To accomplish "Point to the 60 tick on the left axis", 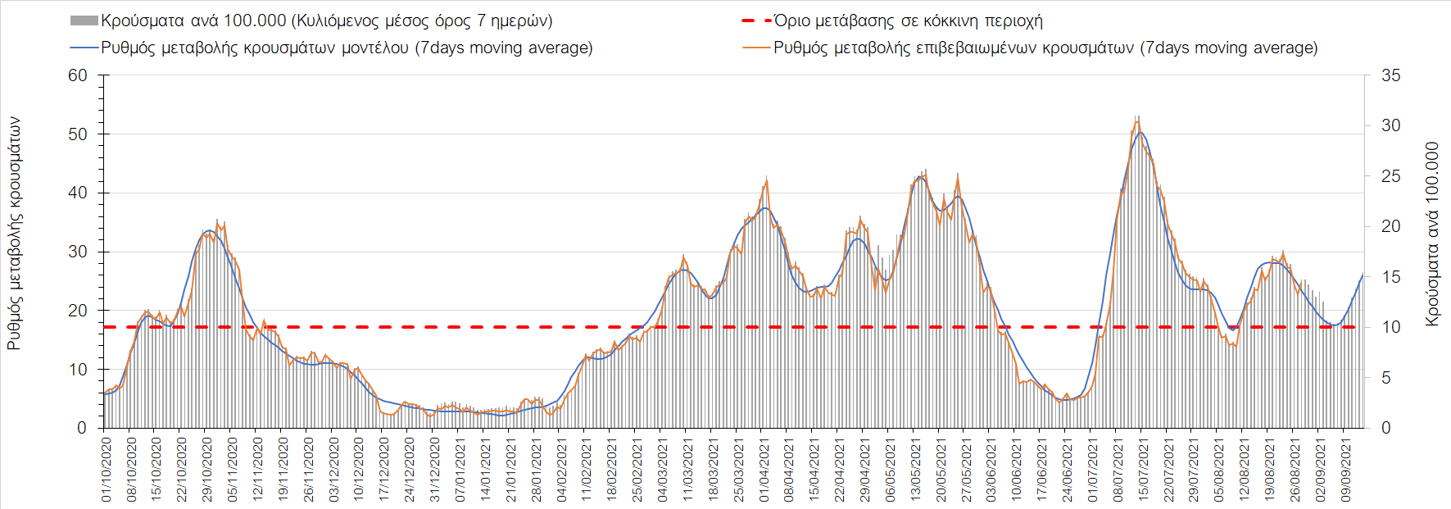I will click(78, 75).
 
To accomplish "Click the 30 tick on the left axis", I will click(78, 252).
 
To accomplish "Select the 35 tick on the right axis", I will click(1390, 75).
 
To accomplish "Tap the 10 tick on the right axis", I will click(1390, 327).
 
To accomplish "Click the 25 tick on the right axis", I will click(1390, 176).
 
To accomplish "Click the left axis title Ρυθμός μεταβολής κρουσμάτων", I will click(14, 234).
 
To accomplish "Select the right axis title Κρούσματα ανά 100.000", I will click(1431, 234).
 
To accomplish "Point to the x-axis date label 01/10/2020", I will click(106, 470).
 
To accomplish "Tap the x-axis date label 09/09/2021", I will click(1345, 470).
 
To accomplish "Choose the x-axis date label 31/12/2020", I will click(435, 470).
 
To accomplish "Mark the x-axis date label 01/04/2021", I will click(764, 470).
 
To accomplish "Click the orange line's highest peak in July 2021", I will click(1137, 121).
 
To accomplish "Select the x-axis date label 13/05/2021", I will click(916, 470).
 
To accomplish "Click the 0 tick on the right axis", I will click(1385, 428).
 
